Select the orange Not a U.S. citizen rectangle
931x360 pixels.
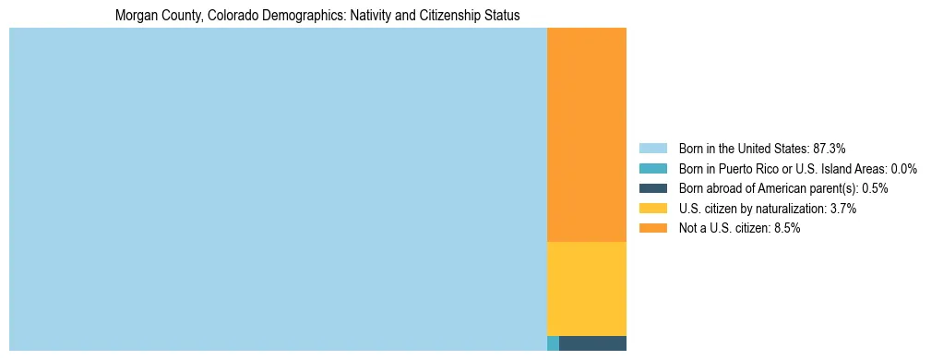tap(587, 135)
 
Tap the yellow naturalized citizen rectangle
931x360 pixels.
tap(587, 288)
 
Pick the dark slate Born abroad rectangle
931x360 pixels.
tap(592, 343)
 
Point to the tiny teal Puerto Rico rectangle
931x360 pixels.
tap(553, 343)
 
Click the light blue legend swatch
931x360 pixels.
tap(652, 149)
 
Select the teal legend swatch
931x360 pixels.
tap(652, 169)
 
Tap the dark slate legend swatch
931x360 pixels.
tap(652, 188)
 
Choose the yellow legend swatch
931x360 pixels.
tap(652, 209)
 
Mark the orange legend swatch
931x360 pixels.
tap(652, 228)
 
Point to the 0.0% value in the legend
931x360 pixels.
tap(903, 169)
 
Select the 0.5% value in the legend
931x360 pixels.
tap(875, 188)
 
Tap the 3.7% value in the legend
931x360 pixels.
tap(843, 209)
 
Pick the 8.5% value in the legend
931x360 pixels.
tap(786, 228)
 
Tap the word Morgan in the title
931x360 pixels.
tap(134, 16)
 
